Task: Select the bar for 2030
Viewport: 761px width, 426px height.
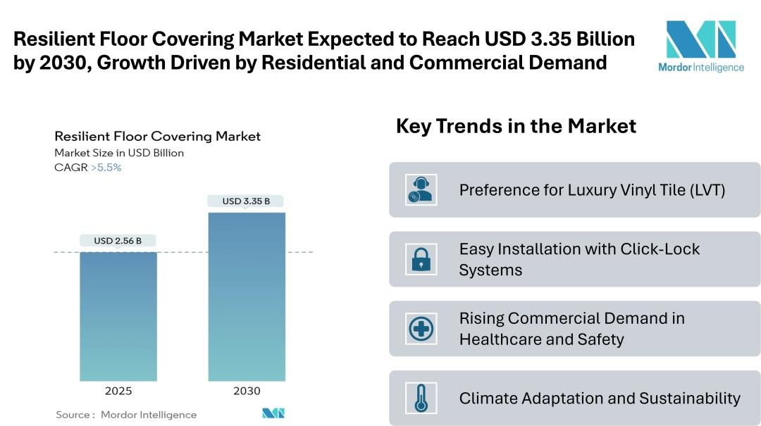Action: (x=247, y=296)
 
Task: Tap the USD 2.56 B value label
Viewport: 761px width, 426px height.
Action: (x=118, y=241)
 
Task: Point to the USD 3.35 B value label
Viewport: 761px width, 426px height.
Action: (x=247, y=201)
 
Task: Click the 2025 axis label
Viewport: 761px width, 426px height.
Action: (x=118, y=391)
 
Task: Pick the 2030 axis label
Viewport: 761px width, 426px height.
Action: (x=247, y=391)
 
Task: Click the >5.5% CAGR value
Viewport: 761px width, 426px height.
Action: (x=106, y=168)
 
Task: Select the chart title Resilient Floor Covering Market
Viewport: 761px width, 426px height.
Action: (x=157, y=136)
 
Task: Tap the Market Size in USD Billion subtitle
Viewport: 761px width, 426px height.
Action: (x=119, y=153)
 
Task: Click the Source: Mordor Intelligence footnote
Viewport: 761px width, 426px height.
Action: (x=126, y=415)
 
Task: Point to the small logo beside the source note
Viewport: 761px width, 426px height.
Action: (x=273, y=413)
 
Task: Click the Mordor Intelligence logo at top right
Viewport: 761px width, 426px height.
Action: (x=700, y=46)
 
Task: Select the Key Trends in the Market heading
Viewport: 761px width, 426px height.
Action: (x=516, y=126)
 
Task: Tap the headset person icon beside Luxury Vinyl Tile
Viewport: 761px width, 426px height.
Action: (x=421, y=190)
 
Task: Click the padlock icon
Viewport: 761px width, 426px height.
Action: (x=421, y=259)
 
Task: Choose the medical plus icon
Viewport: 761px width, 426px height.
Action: (x=421, y=328)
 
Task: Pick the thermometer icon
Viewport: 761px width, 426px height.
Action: (x=421, y=398)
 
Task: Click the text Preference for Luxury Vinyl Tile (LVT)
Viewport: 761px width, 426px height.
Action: (x=592, y=190)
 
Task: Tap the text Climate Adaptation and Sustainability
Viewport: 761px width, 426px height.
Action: (x=600, y=398)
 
